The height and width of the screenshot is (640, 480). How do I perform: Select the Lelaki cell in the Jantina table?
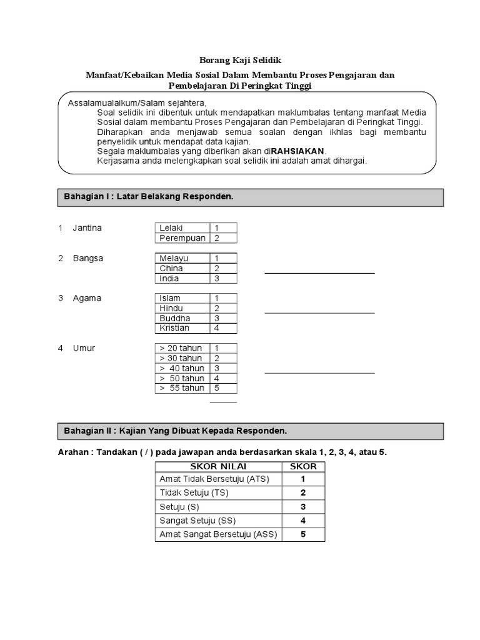pos(182,228)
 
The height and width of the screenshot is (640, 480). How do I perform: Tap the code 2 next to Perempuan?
pos(217,238)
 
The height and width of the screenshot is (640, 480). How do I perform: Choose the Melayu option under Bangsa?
pos(182,258)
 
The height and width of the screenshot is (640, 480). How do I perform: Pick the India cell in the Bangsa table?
pos(182,278)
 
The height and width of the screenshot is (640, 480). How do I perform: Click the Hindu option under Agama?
pos(182,308)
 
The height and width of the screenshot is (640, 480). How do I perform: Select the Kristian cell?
pos(182,328)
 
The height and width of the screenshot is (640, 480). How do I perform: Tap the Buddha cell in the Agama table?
pos(182,318)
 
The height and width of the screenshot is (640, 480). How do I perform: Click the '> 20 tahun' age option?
pos(182,348)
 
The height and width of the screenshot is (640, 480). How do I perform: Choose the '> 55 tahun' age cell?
pos(182,388)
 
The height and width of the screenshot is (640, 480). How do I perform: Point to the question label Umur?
pos(84,348)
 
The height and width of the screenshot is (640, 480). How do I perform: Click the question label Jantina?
pos(87,228)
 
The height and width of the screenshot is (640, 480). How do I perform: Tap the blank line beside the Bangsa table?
pos(319,273)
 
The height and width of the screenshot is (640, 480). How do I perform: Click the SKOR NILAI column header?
pos(219,466)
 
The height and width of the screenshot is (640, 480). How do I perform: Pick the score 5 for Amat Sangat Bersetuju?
pos(303,534)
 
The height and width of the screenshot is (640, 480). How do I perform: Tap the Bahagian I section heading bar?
pos(250,197)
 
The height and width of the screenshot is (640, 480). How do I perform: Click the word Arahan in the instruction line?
pos(72,452)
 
